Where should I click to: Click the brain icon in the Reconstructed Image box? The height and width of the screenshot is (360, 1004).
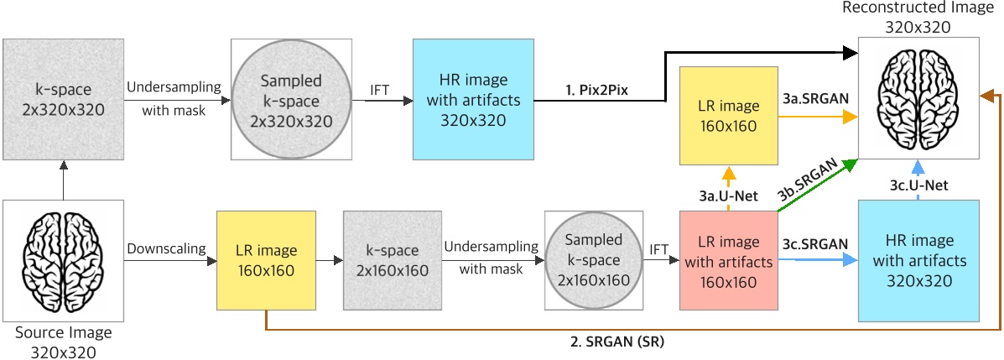[918, 99]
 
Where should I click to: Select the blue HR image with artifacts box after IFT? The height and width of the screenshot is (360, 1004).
[474, 100]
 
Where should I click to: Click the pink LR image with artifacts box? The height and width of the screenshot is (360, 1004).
[728, 262]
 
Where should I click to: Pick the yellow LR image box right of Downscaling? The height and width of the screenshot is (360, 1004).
[265, 261]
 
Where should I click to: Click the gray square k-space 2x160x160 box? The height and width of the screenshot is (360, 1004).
[393, 261]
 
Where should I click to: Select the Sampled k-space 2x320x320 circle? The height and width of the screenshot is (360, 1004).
[290, 100]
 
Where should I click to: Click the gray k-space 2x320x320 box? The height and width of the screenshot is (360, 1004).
[63, 99]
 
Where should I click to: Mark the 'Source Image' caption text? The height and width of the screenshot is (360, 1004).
[63, 333]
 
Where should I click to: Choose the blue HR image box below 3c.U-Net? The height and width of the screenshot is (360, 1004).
[918, 261]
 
